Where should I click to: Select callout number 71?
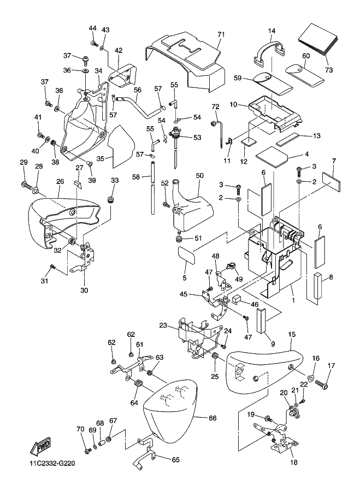tap(221, 34)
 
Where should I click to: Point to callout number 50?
tap(199, 175)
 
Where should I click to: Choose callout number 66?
tap(213, 418)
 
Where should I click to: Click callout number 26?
tap(60, 182)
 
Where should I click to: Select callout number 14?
tap(272, 32)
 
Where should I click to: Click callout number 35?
tap(100, 158)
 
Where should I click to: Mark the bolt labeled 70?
tap(87, 450)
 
